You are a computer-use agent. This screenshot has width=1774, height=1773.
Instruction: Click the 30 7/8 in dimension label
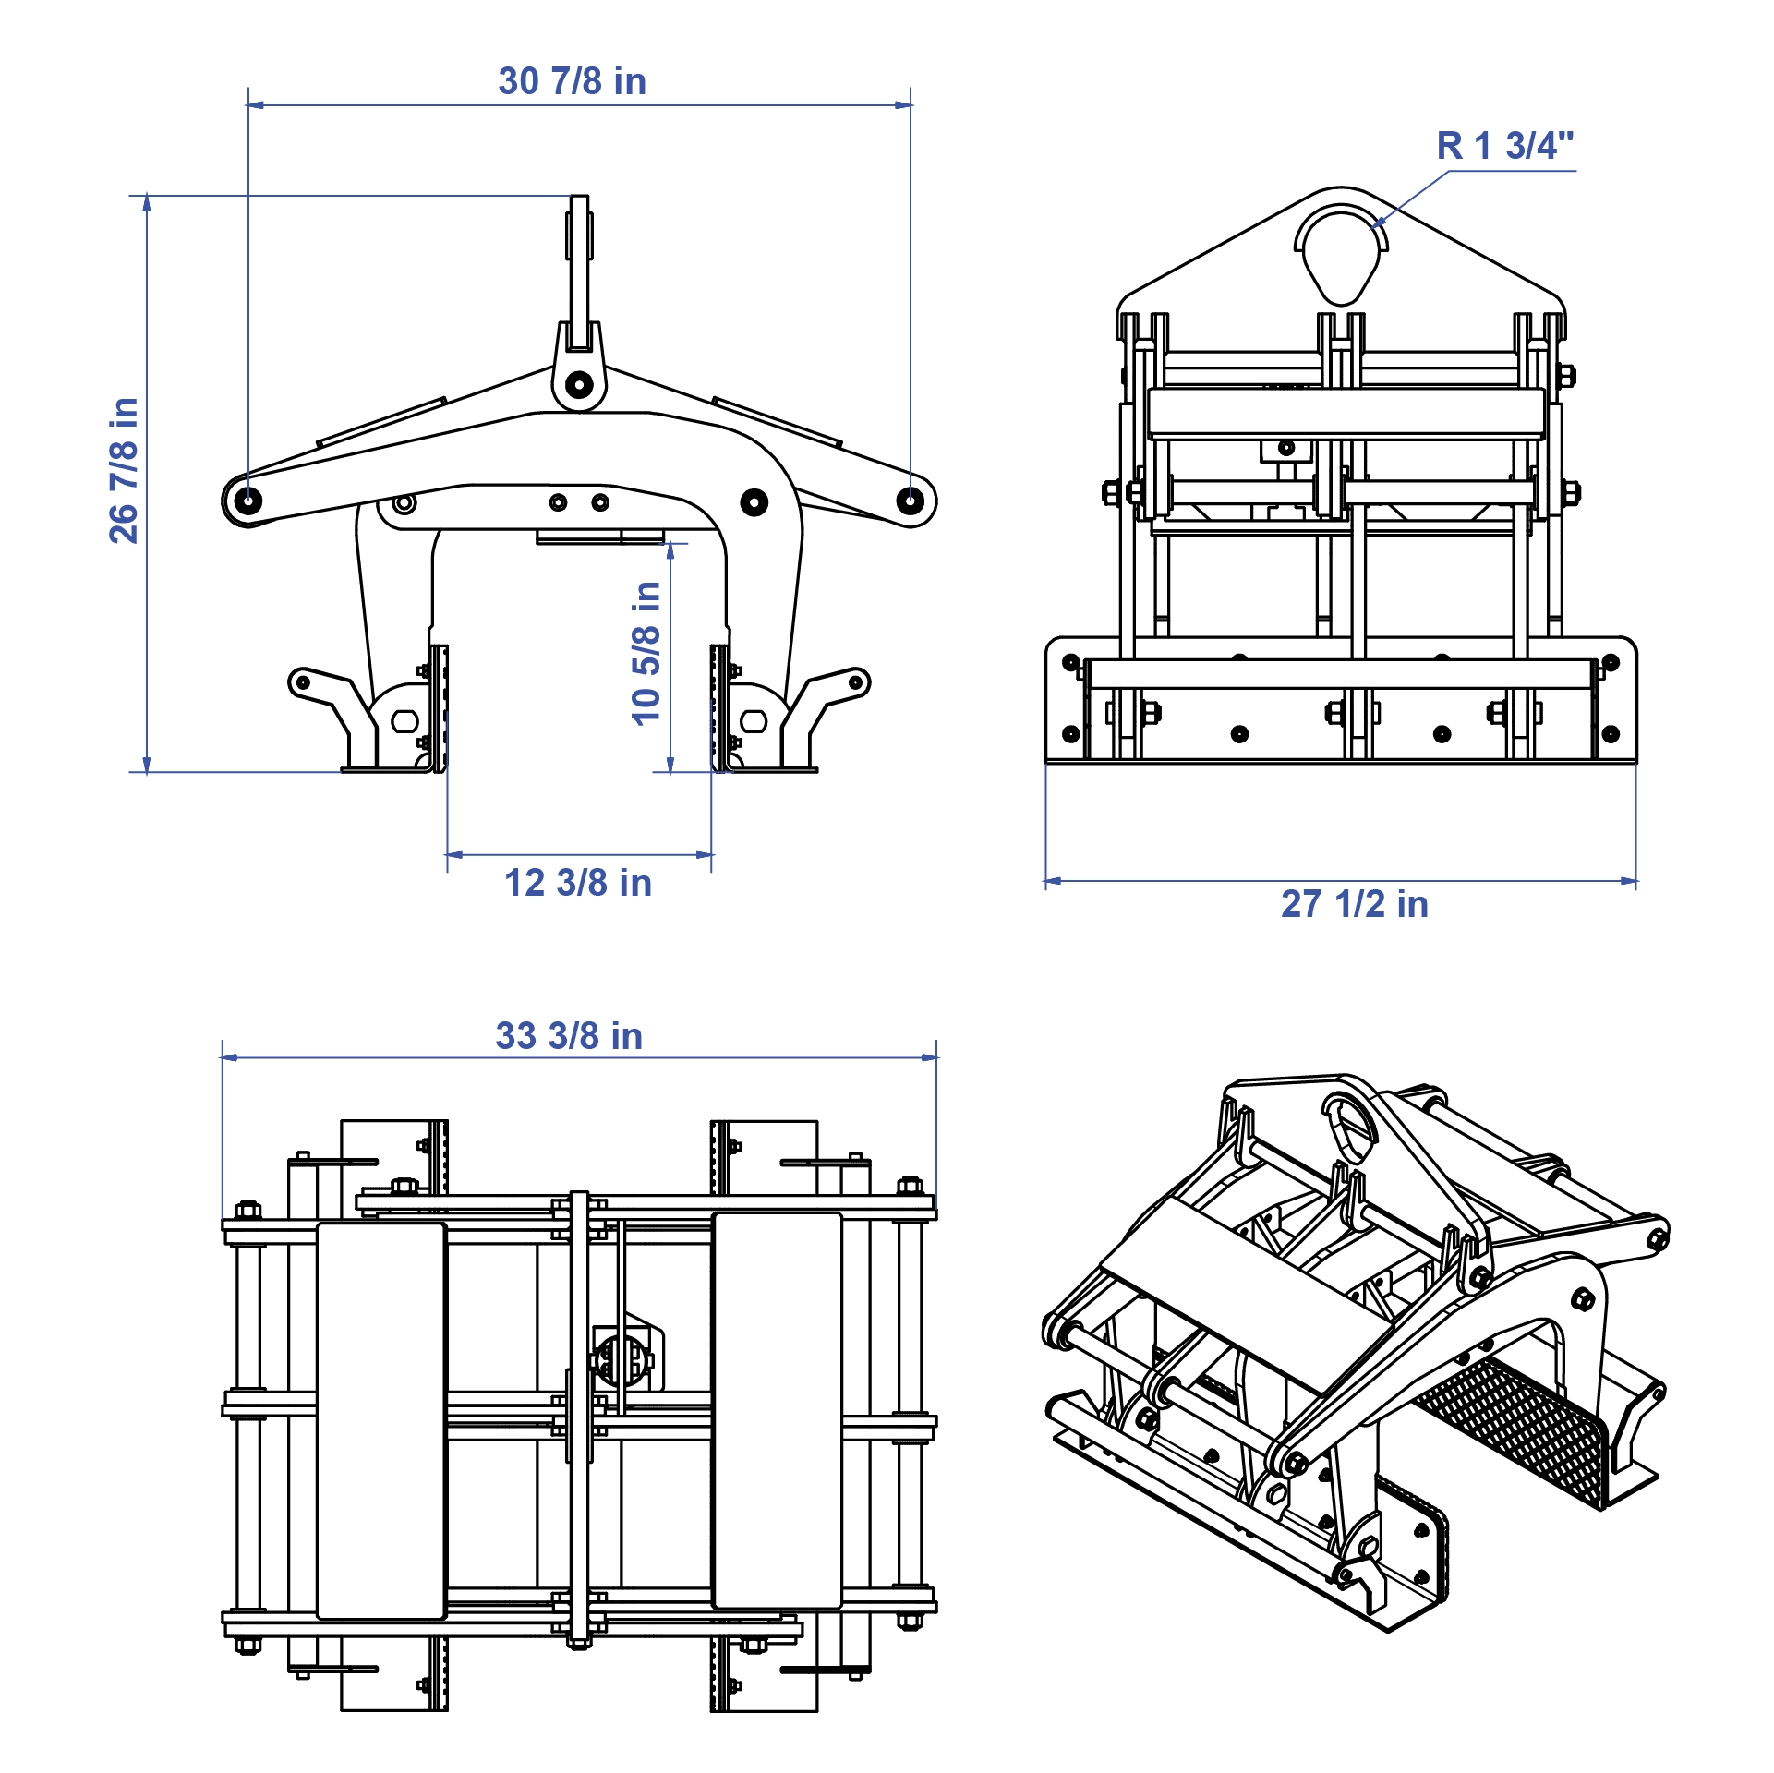pyautogui.click(x=572, y=81)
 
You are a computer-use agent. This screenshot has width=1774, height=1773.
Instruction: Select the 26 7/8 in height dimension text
pyautogui.click(x=124, y=470)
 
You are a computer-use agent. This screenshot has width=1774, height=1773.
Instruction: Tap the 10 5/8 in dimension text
pyautogui.click(x=646, y=653)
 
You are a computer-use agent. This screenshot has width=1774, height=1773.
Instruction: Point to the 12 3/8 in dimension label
pyautogui.click(x=578, y=883)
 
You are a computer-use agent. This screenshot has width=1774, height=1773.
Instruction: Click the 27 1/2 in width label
pyautogui.click(x=1354, y=904)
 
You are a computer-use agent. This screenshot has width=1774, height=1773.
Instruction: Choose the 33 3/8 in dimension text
pyautogui.click(x=569, y=1036)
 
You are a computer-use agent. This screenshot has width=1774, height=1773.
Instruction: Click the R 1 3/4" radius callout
pyautogui.click(x=1504, y=146)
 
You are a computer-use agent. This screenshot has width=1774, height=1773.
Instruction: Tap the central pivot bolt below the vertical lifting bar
pyautogui.click(x=579, y=384)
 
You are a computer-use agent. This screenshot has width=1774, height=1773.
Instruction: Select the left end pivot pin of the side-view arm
pyautogui.click(x=247, y=501)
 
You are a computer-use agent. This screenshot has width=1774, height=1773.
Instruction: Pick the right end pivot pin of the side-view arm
pyautogui.click(x=910, y=501)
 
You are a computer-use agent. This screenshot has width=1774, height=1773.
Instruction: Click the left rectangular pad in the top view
pyautogui.click(x=381, y=1420)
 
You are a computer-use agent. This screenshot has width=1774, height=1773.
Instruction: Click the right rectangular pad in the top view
pyautogui.click(x=777, y=1411)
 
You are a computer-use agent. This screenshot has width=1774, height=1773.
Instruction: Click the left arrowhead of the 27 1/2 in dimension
pyautogui.click(x=1052, y=881)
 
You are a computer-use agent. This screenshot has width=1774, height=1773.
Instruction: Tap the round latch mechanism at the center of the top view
pyautogui.click(x=617, y=1357)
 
